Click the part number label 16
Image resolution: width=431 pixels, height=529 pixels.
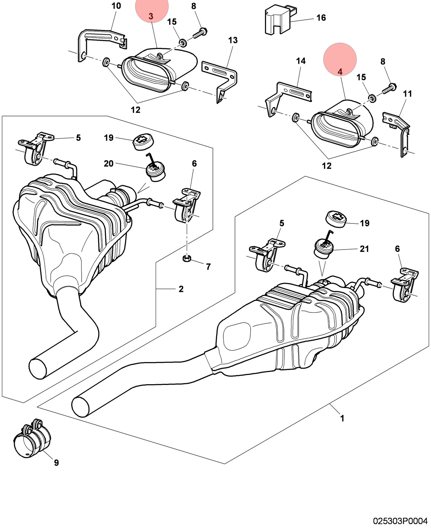pyautogui.click(x=321, y=18)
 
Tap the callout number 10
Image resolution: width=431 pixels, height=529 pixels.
pyautogui.click(x=116, y=6)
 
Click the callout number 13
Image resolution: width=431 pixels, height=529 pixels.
pyautogui.click(x=233, y=40)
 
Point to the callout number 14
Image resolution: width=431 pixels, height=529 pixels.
pyautogui.click(x=301, y=61)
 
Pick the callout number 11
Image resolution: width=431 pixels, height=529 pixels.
pyautogui.click(x=408, y=94)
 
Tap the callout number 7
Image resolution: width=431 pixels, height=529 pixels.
pyautogui.click(x=208, y=267)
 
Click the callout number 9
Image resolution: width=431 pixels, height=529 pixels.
pyautogui.click(x=57, y=463)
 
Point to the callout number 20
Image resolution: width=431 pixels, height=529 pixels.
pyautogui.click(x=108, y=163)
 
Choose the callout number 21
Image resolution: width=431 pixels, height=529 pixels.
pyautogui.click(x=364, y=249)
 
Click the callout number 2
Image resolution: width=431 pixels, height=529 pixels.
pyautogui.click(x=181, y=289)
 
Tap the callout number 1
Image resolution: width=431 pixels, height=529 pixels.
pyautogui.click(x=342, y=419)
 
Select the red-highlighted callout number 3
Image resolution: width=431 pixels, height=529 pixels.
pyautogui.click(x=151, y=16)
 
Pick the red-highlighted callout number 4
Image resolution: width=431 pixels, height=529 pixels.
pyautogui.click(x=340, y=72)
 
